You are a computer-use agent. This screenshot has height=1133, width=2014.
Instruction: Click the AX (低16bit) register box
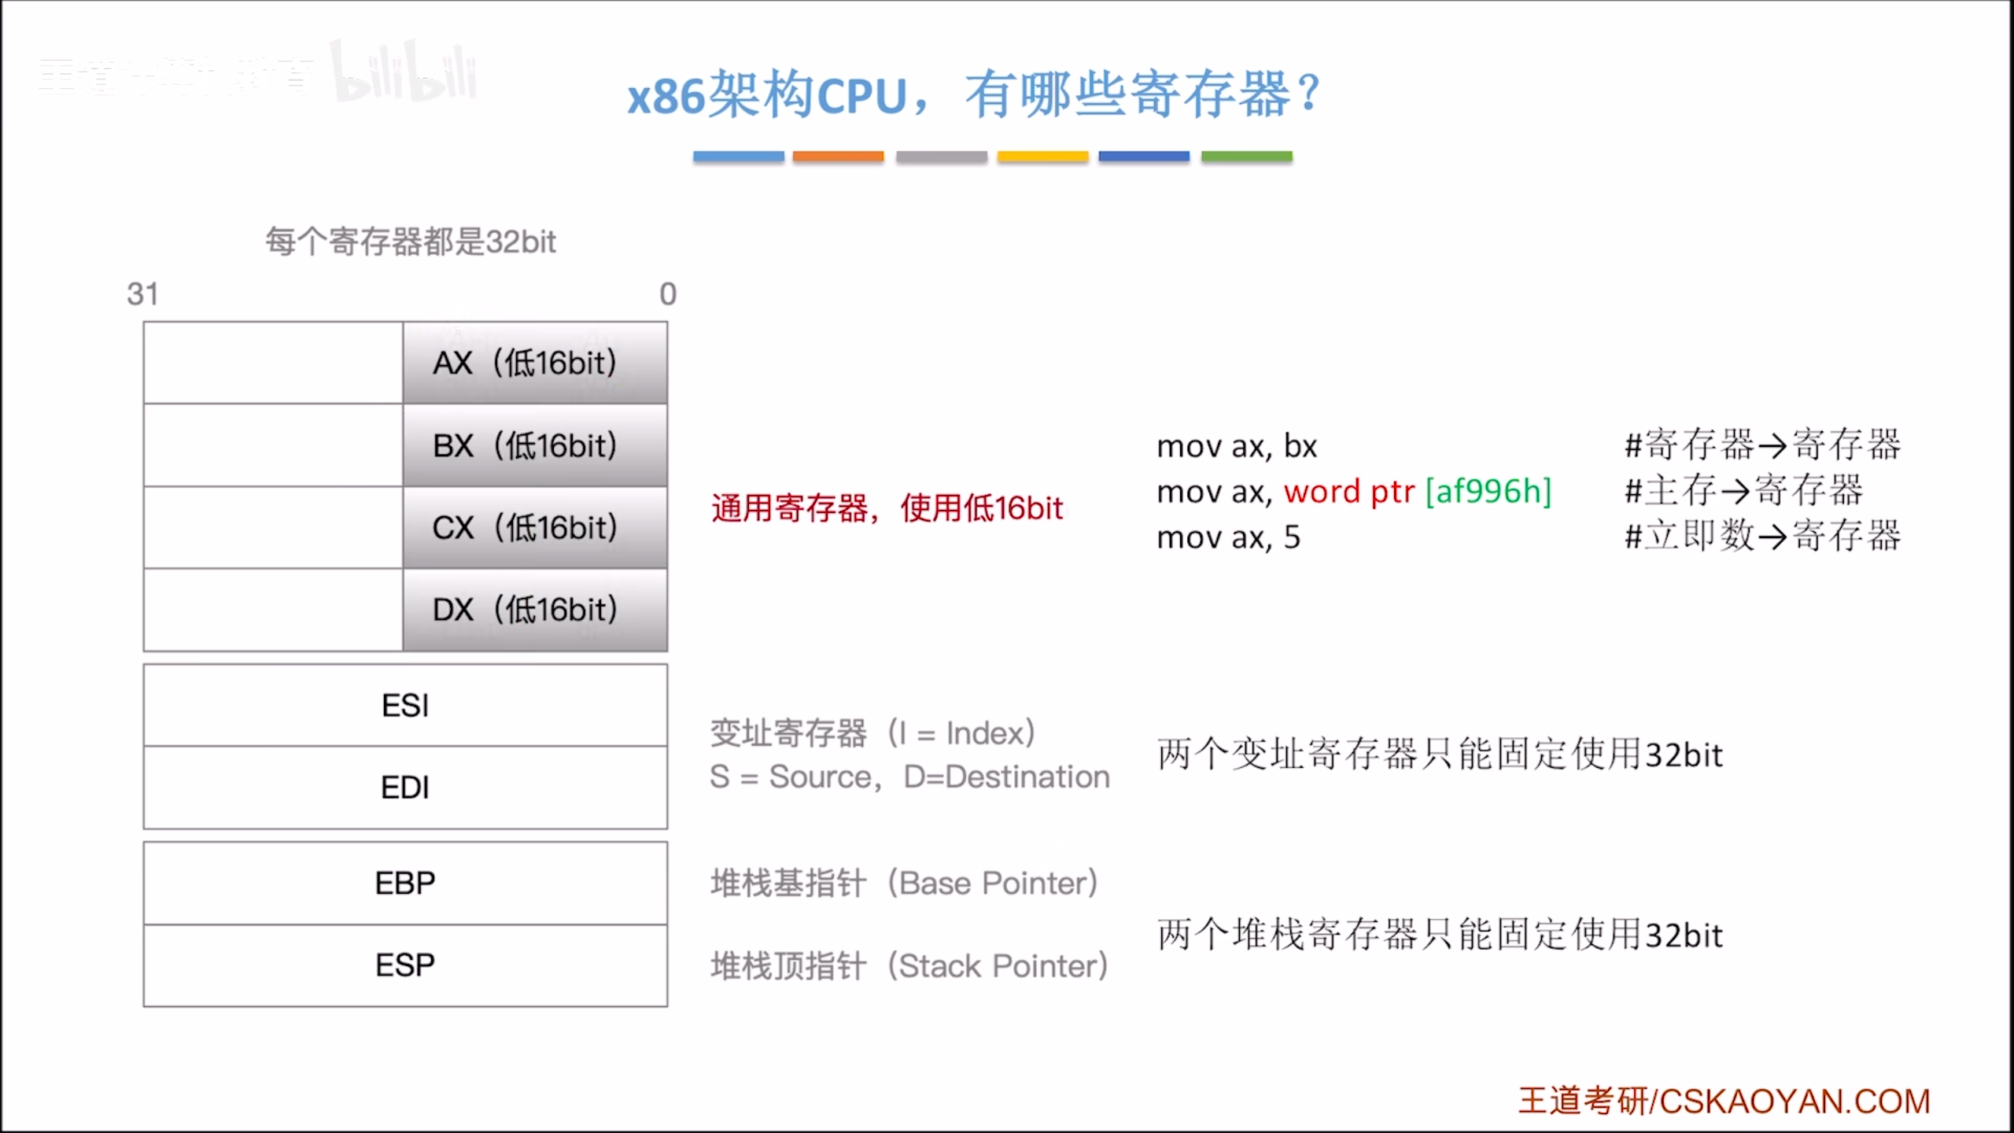[535, 363]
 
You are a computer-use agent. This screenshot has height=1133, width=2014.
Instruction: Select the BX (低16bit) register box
[535, 445]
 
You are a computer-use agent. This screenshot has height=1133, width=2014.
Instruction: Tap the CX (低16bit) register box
[535, 527]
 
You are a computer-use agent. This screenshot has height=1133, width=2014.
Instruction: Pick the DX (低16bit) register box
[535, 610]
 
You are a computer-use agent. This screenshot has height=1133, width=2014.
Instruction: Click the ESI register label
[405, 706]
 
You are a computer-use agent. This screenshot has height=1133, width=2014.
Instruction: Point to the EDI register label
[405, 788]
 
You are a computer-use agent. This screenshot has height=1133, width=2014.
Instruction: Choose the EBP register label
[405, 884]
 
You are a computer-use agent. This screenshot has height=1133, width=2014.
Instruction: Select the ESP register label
[405, 965]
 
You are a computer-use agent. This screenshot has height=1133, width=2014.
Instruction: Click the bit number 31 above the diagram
[142, 294]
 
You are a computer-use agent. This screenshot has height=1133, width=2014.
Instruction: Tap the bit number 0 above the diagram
[668, 294]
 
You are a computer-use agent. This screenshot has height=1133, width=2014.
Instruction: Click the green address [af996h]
[1488, 492]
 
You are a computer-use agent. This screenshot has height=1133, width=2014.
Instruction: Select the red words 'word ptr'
[1349, 492]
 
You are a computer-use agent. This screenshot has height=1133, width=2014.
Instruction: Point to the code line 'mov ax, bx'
[1237, 446]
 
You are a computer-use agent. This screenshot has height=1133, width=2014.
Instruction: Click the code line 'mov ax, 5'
[1228, 537]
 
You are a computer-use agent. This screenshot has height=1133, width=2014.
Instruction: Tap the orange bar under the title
[838, 157]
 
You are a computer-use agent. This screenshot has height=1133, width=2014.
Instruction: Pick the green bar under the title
[1246, 157]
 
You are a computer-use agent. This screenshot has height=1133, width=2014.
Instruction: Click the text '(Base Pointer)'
[993, 884]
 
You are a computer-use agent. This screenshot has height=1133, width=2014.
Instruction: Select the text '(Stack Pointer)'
[998, 966]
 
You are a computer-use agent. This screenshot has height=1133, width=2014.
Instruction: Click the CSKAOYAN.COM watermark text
[1795, 1102]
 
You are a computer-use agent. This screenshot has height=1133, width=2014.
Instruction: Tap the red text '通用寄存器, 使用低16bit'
[887, 508]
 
